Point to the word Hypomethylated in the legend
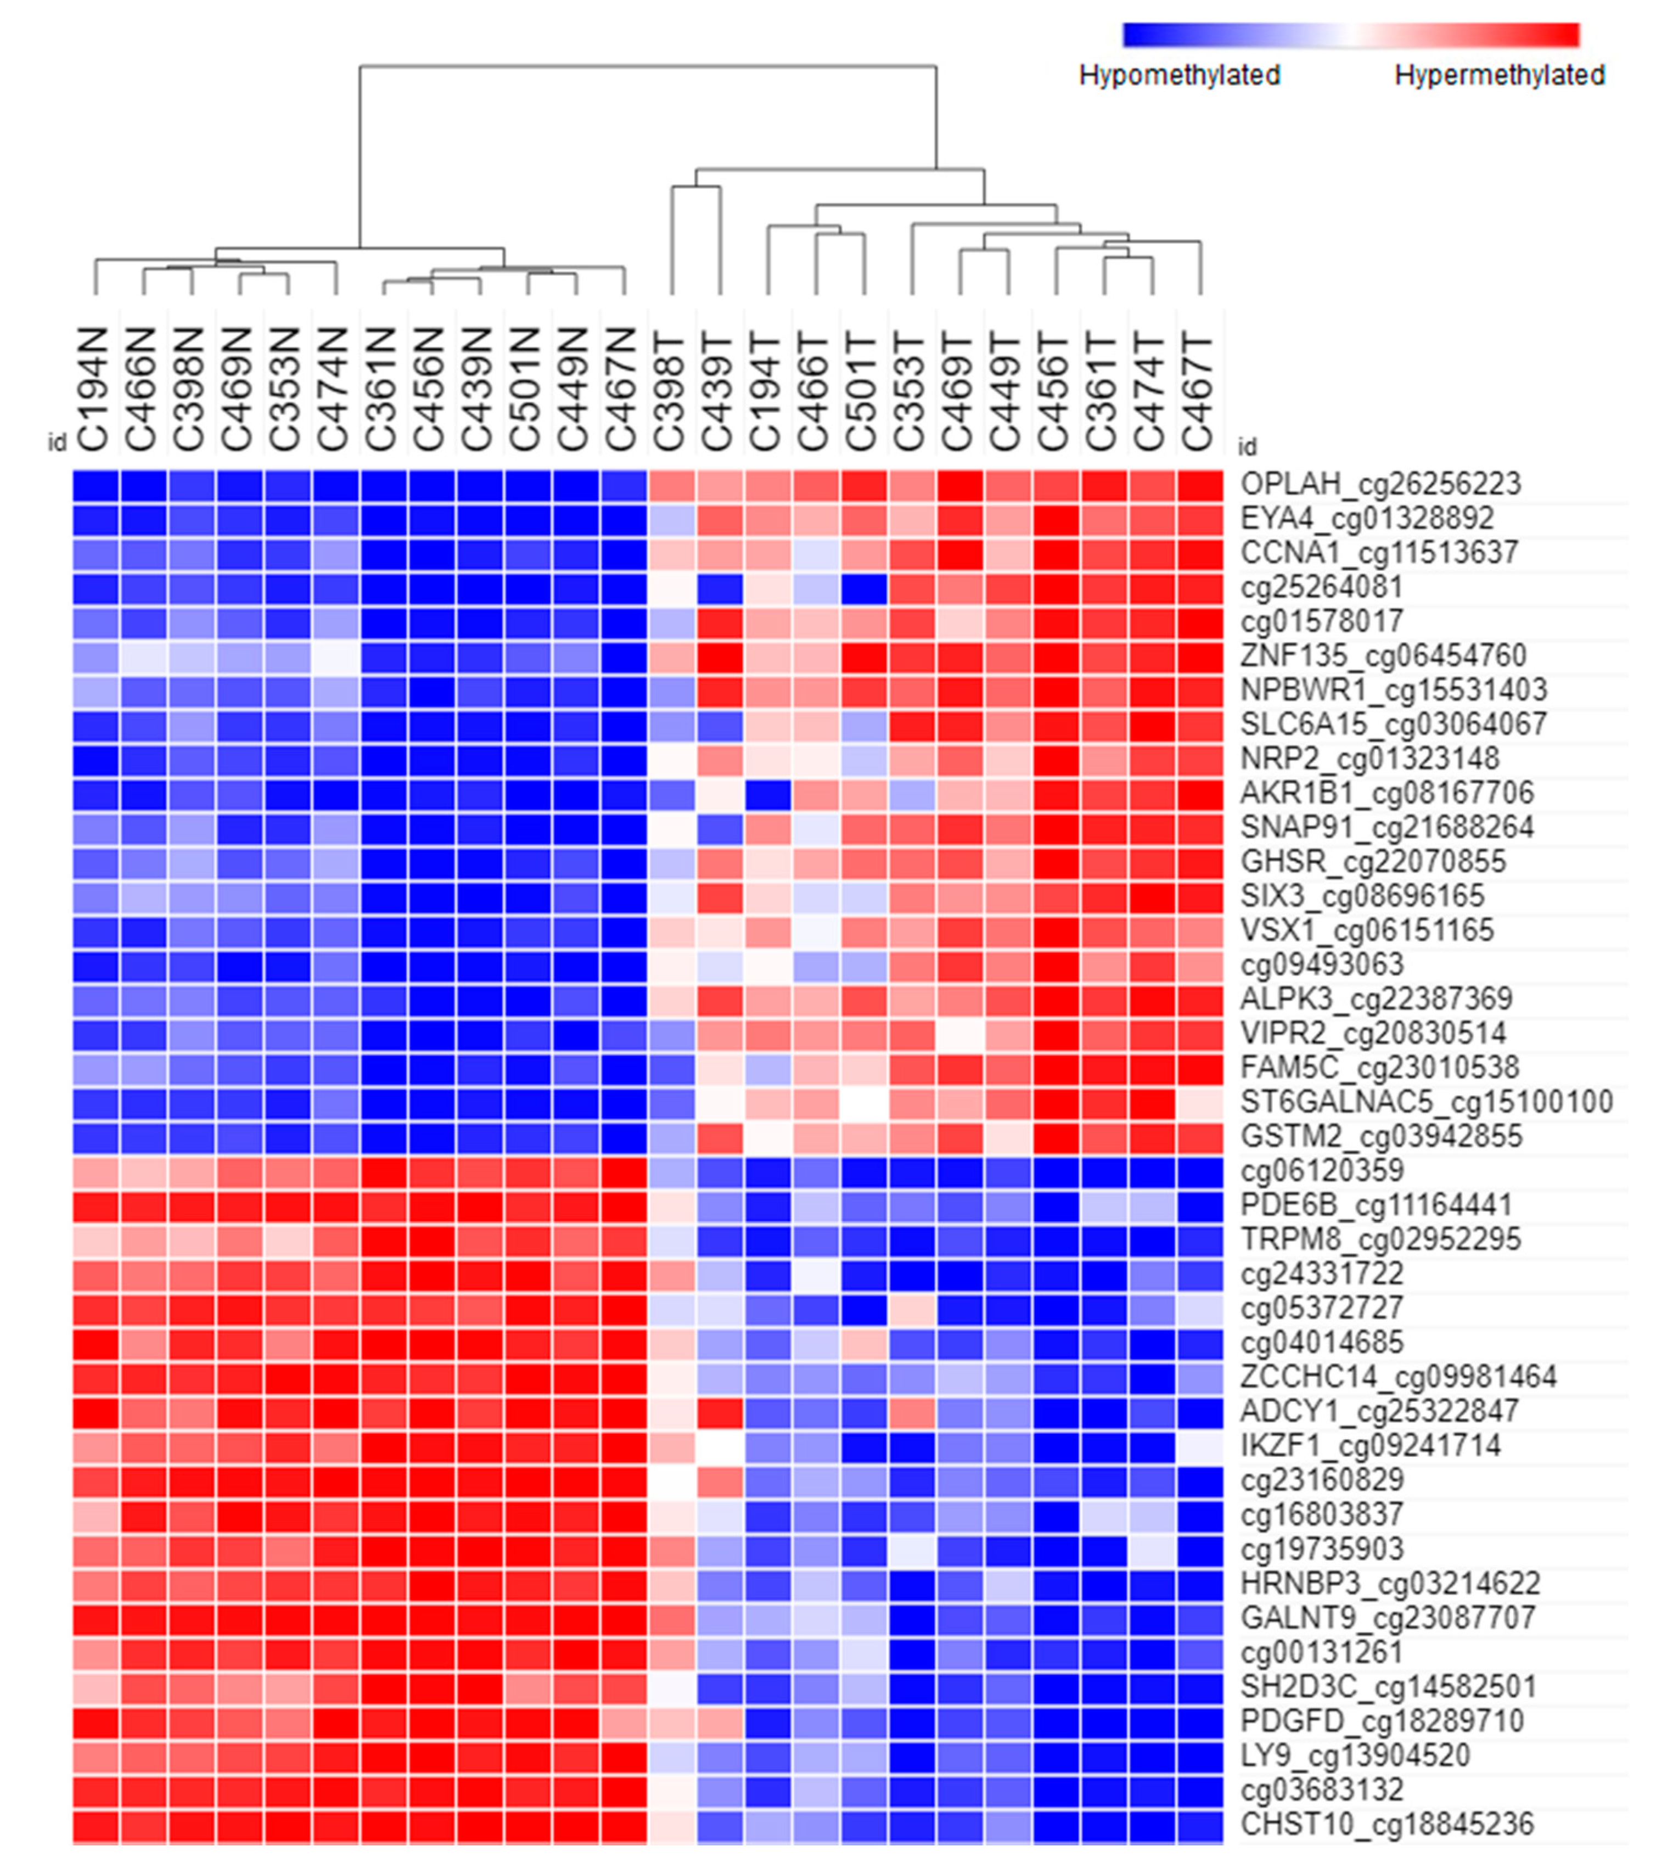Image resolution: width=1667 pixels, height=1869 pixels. pos(1180,75)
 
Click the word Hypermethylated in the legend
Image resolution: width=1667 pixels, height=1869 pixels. pos(1500,75)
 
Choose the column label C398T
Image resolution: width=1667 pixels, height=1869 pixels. pos(670,389)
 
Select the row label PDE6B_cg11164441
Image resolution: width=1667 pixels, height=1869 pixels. pos(1376,1205)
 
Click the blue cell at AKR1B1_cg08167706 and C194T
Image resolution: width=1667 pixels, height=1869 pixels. pos(767,794)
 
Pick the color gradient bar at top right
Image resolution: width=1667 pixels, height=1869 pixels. pos(1351,35)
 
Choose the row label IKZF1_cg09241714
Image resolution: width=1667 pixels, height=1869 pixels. pos(1370,1446)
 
